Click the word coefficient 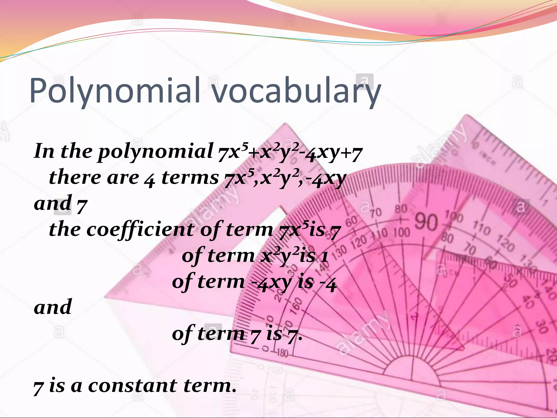pyautogui.click(x=141, y=229)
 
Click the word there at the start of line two pyautogui.click(x=75, y=177)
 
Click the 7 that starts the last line pyautogui.click(x=38, y=387)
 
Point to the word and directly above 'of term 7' pyautogui.click(x=53, y=307)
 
